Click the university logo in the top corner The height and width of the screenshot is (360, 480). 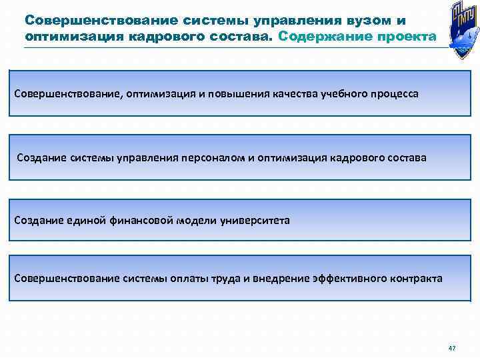pos(458,30)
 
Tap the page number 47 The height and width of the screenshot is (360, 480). pos(452,349)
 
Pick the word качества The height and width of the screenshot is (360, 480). pos(293,94)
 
